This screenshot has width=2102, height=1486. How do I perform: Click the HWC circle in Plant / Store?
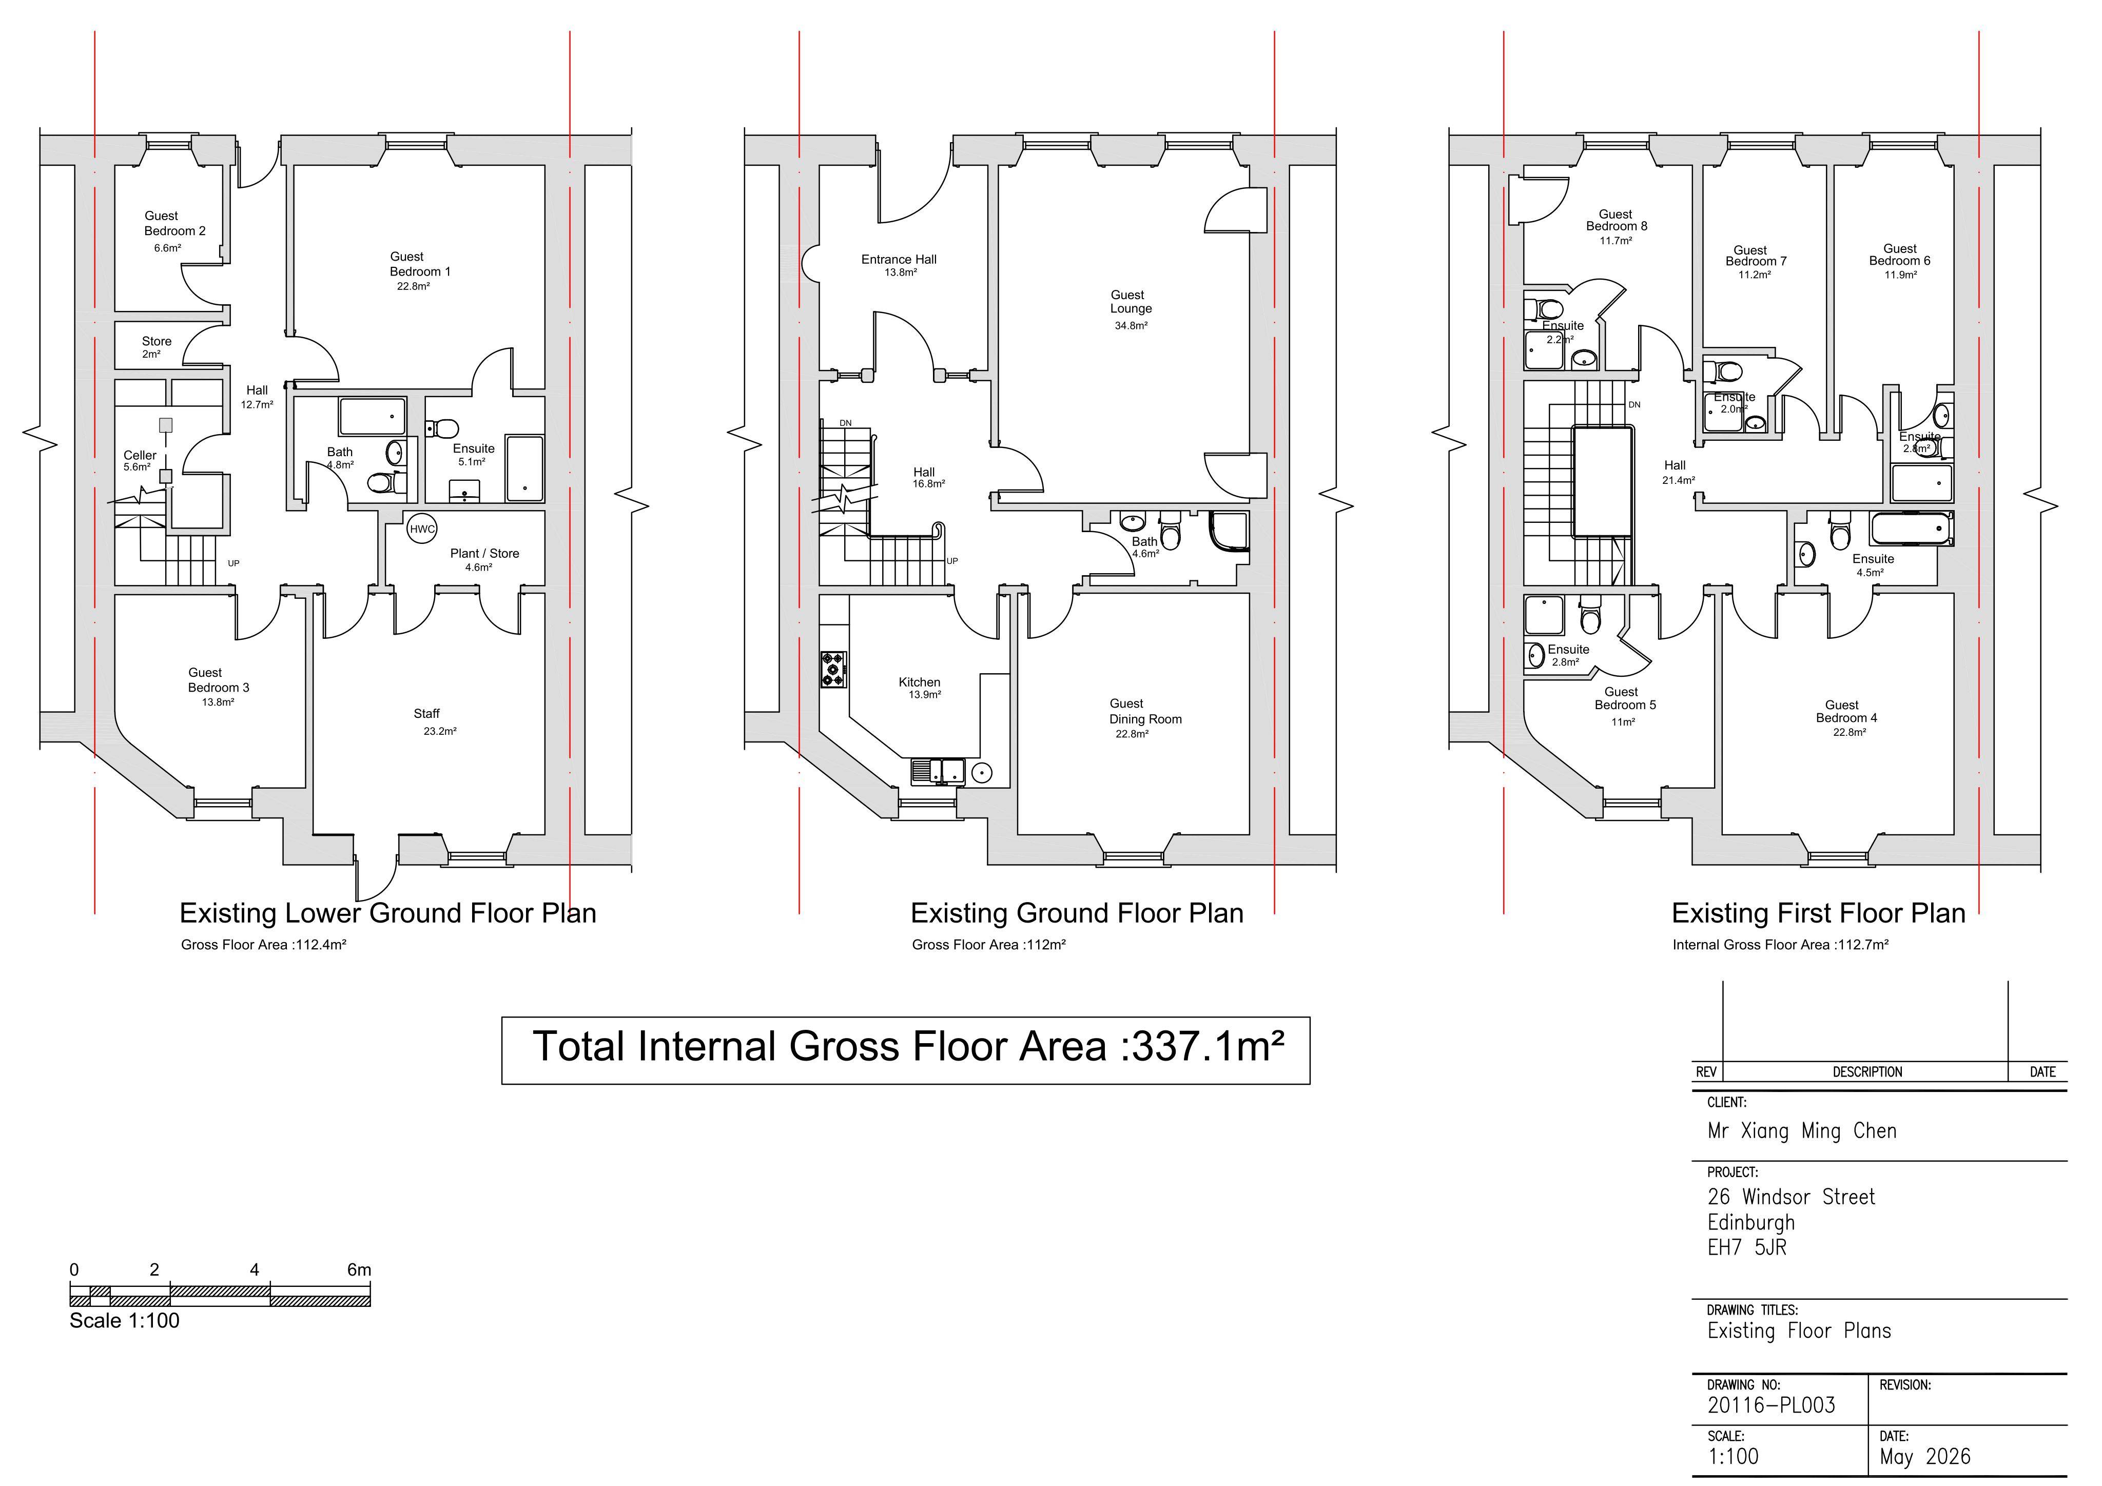(x=422, y=529)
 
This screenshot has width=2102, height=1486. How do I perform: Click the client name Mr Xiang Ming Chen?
(x=1802, y=1131)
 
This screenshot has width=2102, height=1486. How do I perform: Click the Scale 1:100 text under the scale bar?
(x=125, y=1320)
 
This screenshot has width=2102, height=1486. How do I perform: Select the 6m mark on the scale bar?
(x=359, y=1270)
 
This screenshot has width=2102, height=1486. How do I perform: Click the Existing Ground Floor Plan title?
(x=1077, y=913)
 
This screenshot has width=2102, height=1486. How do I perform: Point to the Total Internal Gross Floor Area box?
(x=905, y=1050)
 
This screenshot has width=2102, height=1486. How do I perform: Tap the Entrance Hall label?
(x=899, y=259)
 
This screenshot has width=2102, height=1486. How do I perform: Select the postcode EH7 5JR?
(x=1747, y=1247)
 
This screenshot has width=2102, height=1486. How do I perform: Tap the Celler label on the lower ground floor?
(x=140, y=455)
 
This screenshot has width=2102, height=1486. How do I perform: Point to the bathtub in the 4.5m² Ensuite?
(x=1912, y=529)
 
